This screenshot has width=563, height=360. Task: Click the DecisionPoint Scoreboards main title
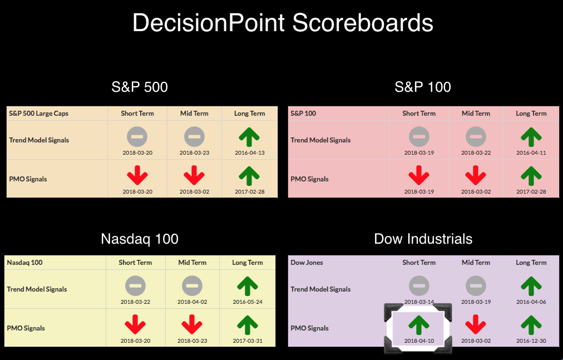[283, 23]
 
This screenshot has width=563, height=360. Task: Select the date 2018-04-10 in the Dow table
[419, 341]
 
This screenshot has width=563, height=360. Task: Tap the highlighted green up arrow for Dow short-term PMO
[419, 325]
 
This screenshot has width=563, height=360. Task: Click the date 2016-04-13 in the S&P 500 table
[250, 152]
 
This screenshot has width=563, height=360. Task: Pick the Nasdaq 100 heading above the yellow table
[140, 239]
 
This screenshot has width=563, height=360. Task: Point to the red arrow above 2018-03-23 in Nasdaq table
[192, 324]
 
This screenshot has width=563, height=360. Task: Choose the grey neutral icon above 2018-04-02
[192, 286]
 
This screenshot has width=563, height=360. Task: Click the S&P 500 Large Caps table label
[38, 114]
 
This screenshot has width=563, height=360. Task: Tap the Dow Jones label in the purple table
[307, 263]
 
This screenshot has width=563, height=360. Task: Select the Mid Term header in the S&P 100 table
[476, 114]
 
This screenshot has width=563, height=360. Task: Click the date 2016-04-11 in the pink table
[531, 152]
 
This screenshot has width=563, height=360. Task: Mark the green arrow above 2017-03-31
[248, 325]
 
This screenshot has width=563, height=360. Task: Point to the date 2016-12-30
[531, 341]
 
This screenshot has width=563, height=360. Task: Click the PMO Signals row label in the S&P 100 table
[309, 179]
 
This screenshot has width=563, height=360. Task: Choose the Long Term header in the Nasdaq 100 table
[248, 263]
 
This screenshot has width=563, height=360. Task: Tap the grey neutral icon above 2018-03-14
[419, 286]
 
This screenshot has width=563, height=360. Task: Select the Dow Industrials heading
[423, 239]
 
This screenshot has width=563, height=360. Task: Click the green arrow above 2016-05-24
[248, 286]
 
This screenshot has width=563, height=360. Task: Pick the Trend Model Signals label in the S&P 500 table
[39, 140]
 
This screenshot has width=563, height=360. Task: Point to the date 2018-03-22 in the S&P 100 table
[476, 152]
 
